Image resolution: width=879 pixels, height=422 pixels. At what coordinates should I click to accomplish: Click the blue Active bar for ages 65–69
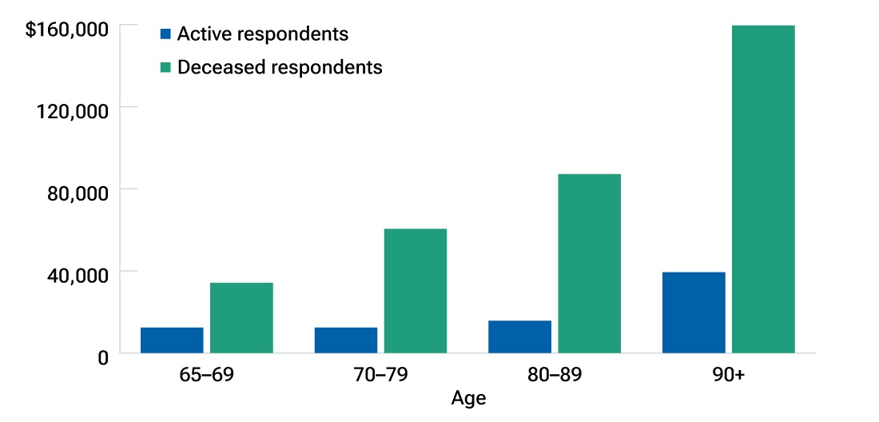coord(172,340)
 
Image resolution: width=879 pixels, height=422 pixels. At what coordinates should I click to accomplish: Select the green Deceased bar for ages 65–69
coord(241,317)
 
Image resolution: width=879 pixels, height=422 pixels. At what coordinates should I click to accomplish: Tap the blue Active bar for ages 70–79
coord(346,340)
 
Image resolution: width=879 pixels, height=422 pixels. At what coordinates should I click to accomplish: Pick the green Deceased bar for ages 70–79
coord(416,290)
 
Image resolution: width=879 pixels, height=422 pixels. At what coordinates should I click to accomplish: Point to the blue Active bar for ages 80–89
coord(519,336)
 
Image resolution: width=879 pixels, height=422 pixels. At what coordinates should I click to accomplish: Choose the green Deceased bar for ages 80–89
coord(589,263)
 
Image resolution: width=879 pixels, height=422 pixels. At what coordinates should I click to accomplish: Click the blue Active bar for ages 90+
coord(694,312)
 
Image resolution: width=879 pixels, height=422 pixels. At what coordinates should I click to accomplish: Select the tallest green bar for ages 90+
coord(763,189)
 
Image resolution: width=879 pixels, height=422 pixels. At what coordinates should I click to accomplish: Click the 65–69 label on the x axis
coord(207,374)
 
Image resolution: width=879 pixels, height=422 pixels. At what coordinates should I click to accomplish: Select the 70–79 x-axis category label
coord(380,374)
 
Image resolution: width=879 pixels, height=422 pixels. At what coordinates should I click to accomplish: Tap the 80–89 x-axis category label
coord(555,374)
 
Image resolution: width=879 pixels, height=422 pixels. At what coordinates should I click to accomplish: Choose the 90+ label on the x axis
coord(728,374)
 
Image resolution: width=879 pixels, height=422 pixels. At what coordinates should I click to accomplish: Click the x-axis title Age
coord(468,398)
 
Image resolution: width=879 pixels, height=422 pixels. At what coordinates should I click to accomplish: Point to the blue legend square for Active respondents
coord(165,34)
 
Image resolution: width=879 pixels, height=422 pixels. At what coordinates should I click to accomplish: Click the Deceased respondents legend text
coord(280,67)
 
